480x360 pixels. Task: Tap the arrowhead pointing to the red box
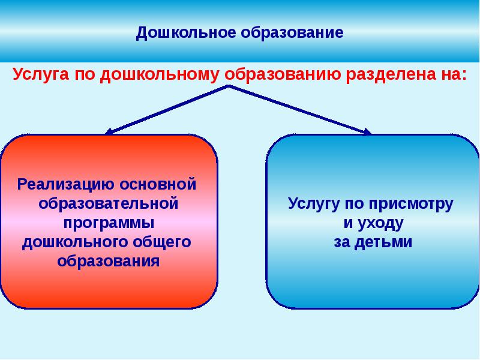(x=109, y=131)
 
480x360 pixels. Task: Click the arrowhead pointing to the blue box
(x=367, y=131)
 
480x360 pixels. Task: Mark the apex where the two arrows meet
(x=228, y=86)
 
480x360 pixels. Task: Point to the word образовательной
(x=109, y=202)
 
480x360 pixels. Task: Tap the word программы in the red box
(x=109, y=222)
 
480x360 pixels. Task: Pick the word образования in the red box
(x=109, y=262)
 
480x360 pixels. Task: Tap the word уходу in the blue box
(x=382, y=223)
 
